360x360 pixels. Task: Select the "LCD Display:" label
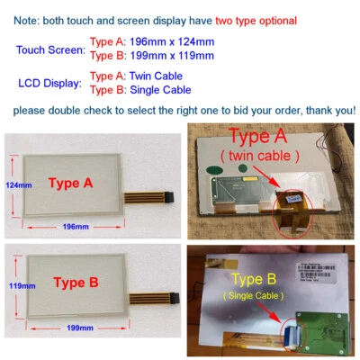coord(50,83)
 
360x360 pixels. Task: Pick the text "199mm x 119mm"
coord(166,56)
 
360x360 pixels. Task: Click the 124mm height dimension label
coord(18,184)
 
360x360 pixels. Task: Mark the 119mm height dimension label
coord(18,285)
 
